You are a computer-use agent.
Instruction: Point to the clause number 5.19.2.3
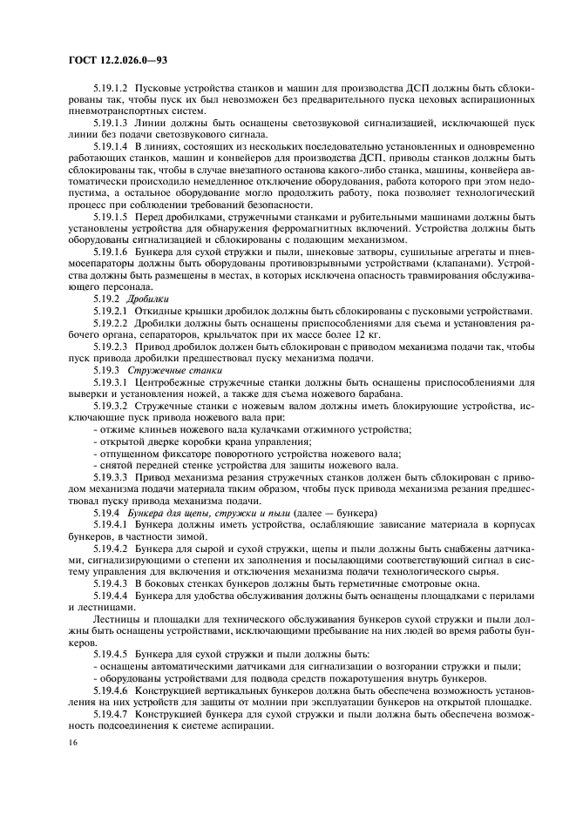[x=109, y=346]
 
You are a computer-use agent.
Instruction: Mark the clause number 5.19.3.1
[x=109, y=381]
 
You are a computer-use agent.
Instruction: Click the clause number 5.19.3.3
[x=109, y=476]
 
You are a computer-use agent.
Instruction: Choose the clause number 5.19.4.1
[x=109, y=525]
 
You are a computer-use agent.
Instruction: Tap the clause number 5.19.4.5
[x=109, y=652]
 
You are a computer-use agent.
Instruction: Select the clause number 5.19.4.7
[x=109, y=712]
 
